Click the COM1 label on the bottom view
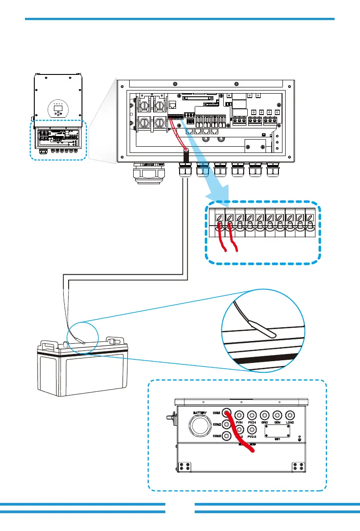click(217, 413)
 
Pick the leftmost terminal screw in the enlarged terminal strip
click(220, 218)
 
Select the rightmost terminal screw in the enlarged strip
click(310, 218)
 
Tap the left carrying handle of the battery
click(49, 345)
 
